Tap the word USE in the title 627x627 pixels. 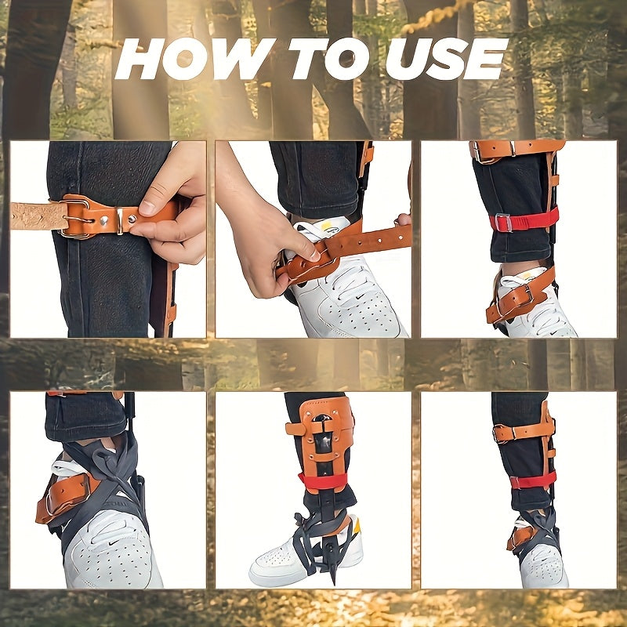pos(447,60)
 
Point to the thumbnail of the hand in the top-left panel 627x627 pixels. pos(147,208)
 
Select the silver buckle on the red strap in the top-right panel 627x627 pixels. pos(503,223)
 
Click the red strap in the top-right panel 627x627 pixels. pos(524,221)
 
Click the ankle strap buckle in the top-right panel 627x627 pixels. pos(527,295)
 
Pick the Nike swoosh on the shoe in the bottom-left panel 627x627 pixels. pos(114,542)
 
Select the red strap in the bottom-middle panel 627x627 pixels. pos(322,481)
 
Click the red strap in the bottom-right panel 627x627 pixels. pos(533,480)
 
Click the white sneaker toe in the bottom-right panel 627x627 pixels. pos(545,567)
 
